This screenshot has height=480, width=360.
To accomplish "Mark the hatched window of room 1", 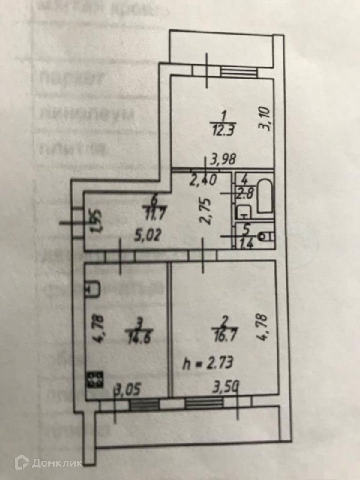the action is (239, 72).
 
